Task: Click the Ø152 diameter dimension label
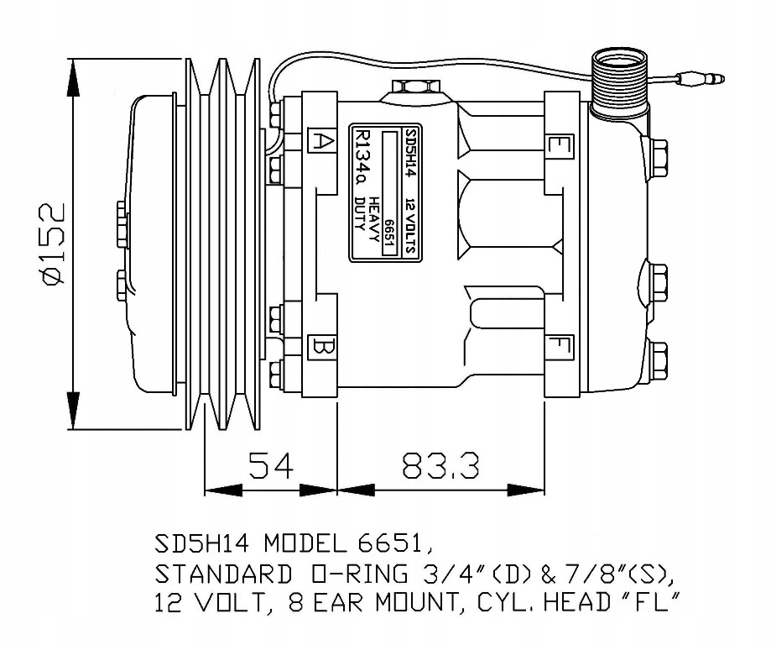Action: point(54,243)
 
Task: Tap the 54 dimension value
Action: point(271,465)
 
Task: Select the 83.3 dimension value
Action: point(440,465)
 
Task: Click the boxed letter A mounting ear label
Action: point(322,141)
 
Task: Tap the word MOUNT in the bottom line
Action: point(418,602)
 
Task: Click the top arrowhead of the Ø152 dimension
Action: point(73,78)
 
